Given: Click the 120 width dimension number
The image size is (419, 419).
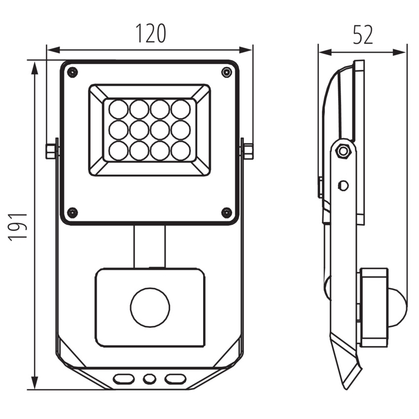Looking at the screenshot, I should [x=150, y=34].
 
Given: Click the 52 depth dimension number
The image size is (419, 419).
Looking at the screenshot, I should [x=363, y=35].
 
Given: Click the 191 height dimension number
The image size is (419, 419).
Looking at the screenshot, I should [x=18, y=227].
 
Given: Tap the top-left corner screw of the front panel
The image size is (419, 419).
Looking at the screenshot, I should [x=72, y=72].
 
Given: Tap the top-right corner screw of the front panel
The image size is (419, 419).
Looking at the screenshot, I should [x=227, y=72].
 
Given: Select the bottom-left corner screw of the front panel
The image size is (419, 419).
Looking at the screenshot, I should [x=72, y=212].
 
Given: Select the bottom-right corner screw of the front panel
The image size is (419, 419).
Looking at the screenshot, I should [x=227, y=212].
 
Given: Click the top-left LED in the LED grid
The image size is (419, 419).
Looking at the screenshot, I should [x=118, y=109].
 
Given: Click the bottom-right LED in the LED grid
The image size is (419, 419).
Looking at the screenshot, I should [x=181, y=150].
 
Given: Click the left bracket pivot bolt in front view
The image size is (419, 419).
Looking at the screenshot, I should [x=51, y=151].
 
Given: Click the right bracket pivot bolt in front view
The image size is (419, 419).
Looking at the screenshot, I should [x=248, y=151].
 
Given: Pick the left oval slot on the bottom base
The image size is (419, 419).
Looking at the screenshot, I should [x=123, y=379].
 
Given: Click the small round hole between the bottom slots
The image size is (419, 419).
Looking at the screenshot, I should [x=149, y=379].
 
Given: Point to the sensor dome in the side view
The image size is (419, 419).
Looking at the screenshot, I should [x=397, y=300].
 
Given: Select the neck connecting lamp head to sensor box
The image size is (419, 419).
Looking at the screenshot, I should [x=150, y=246].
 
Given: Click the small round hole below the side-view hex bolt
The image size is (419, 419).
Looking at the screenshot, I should [x=344, y=185].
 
